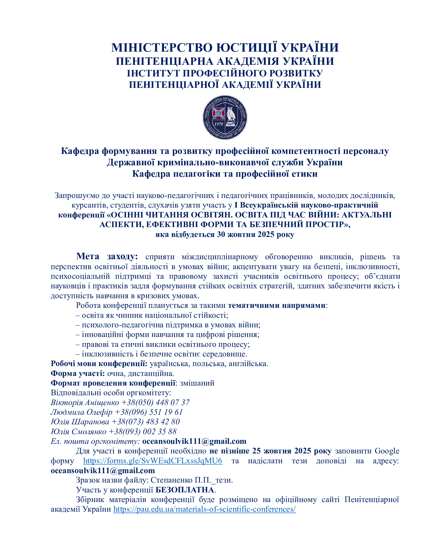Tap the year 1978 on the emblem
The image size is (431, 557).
point(218,124)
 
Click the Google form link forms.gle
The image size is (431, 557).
point(152,461)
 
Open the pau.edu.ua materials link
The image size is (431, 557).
point(204,509)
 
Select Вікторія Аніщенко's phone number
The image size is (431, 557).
point(155,403)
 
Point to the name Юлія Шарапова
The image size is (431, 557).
point(80,422)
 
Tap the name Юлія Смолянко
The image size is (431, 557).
point(78,431)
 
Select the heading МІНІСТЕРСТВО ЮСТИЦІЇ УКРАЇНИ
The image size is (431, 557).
point(225,48)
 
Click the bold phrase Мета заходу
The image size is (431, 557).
point(107,256)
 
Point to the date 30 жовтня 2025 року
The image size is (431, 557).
point(256,234)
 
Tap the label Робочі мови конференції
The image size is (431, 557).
point(99,363)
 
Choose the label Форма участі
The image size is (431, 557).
point(78,373)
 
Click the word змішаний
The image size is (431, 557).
point(197,383)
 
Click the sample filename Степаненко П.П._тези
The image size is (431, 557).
point(191,480)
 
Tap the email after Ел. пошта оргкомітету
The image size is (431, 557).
point(194,441)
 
